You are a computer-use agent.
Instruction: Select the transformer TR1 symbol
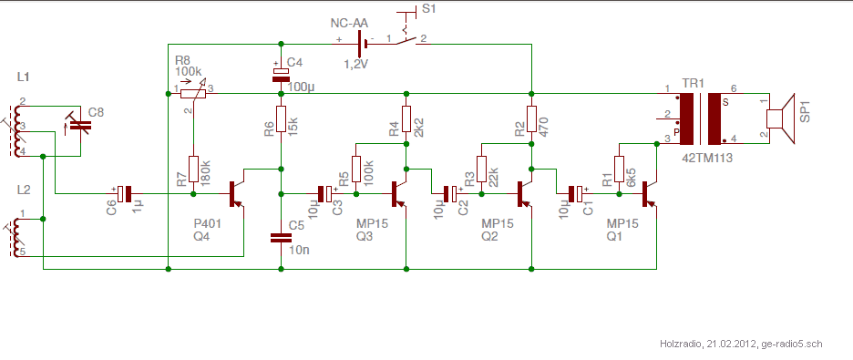(x=701, y=118)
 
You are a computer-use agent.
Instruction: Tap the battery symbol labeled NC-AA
(x=361, y=43)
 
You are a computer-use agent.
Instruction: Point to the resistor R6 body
(x=281, y=119)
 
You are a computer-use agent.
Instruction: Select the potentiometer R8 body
(x=193, y=94)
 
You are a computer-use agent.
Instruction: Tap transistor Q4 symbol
(x=236, y=193)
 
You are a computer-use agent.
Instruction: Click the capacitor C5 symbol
(x=281, y=238)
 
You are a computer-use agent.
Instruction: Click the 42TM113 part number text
(x=706, y=159)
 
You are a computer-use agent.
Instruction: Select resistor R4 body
(x=406, y=119)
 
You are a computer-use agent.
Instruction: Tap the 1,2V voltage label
(x=355, y=64)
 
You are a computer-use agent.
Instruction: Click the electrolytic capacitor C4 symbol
(x=281, y=75)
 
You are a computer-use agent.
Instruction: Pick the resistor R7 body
(x=193, y=170)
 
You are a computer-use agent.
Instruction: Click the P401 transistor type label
(x=207, y=224)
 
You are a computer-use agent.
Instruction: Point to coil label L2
(x=24, y=190)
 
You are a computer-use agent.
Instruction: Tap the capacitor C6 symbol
(x=125, y=193)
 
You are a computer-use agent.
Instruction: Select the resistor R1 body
(x=619, y=170)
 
